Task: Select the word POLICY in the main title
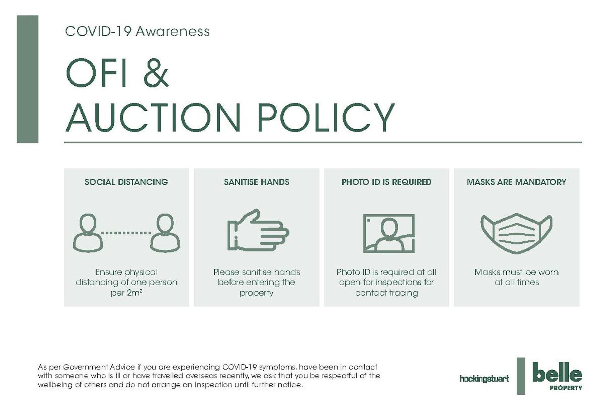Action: (x=326, y=117)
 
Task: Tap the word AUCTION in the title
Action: (x=153, y=117)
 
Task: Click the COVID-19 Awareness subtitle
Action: (x=137, y=31)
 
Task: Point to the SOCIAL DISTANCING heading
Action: (x=126, y=182)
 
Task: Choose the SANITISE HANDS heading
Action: (x=256, y=182)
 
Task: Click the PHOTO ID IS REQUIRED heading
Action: (x=387, y=182)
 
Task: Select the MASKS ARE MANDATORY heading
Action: (x=517, y=182)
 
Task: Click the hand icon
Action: (x=258, y=231)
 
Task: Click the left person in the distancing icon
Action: (x=88, y=233)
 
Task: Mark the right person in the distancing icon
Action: (x=165, y=233)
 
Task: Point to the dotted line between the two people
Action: (x=126, y=233)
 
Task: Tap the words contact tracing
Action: (x=387, y=293)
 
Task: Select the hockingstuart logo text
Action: (x=484, y=379)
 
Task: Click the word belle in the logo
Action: (x=557, y=372)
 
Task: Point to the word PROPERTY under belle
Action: (x=566, y=388)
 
